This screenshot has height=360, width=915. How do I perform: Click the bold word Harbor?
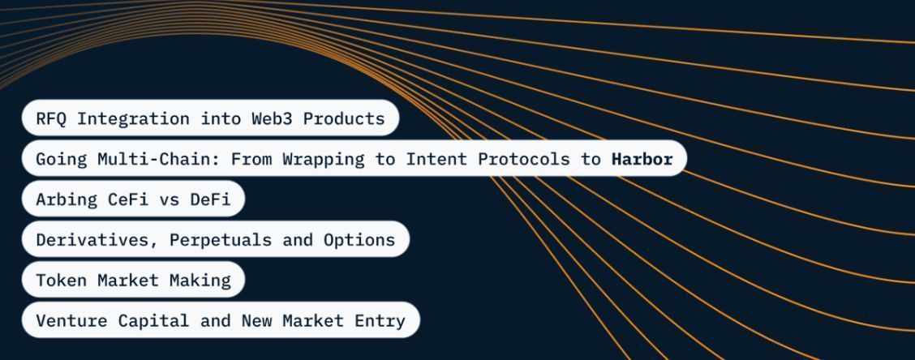click(x=642, y=159)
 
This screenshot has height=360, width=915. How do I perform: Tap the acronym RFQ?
click(x=51, y=118)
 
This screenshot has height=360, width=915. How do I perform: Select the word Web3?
click(x=272, y=118)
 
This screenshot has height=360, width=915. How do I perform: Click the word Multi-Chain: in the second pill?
click(x=159, y=159)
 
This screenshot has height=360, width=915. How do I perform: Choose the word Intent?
click(x=436, y=159)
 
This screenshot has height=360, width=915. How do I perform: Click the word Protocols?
click(x=523, y=159)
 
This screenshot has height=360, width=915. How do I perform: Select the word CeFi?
click(x=128, y=199)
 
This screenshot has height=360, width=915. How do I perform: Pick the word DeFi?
click(x=210, y=199)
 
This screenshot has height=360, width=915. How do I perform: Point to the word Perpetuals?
click(x=221, y=240)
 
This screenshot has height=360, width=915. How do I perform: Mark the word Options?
click(x=359, y=240)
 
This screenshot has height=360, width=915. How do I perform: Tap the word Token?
click(x=62, y=280)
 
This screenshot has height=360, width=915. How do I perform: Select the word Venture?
click(x=71, y=320)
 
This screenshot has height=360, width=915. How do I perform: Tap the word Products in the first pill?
click(x=344, y=118)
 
